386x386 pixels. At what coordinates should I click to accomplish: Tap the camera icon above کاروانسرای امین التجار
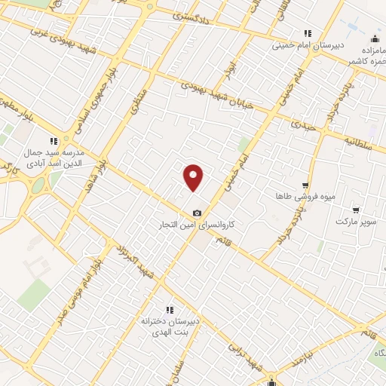[198, 213]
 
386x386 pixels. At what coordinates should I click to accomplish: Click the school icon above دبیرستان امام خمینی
[307, 32]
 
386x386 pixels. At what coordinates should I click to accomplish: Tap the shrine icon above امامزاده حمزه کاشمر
[375, 39]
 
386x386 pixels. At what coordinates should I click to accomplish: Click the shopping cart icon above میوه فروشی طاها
[305, 185]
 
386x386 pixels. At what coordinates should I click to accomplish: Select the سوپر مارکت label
[356, 222]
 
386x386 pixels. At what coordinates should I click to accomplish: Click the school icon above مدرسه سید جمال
[53, 140]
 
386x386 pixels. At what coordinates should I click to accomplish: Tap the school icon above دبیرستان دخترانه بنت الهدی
[170, 309]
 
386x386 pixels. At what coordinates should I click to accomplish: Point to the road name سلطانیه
[363, 140]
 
